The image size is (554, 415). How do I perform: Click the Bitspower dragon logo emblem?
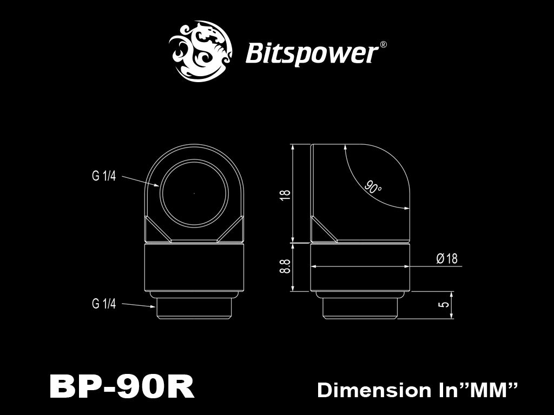[201, 51]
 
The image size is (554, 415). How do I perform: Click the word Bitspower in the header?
[312, 54]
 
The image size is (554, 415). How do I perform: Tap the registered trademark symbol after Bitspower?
[383, 45]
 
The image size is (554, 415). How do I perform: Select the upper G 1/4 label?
[104, 177]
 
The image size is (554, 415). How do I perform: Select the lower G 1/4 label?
[104, 304]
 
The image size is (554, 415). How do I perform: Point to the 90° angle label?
[373, 188]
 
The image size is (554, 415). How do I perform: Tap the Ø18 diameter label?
[446, 259]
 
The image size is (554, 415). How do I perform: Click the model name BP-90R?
[121, 387]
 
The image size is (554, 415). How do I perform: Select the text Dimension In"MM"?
[418, 390]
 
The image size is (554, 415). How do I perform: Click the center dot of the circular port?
[194, 192]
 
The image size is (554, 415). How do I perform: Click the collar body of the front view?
[194, 269]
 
